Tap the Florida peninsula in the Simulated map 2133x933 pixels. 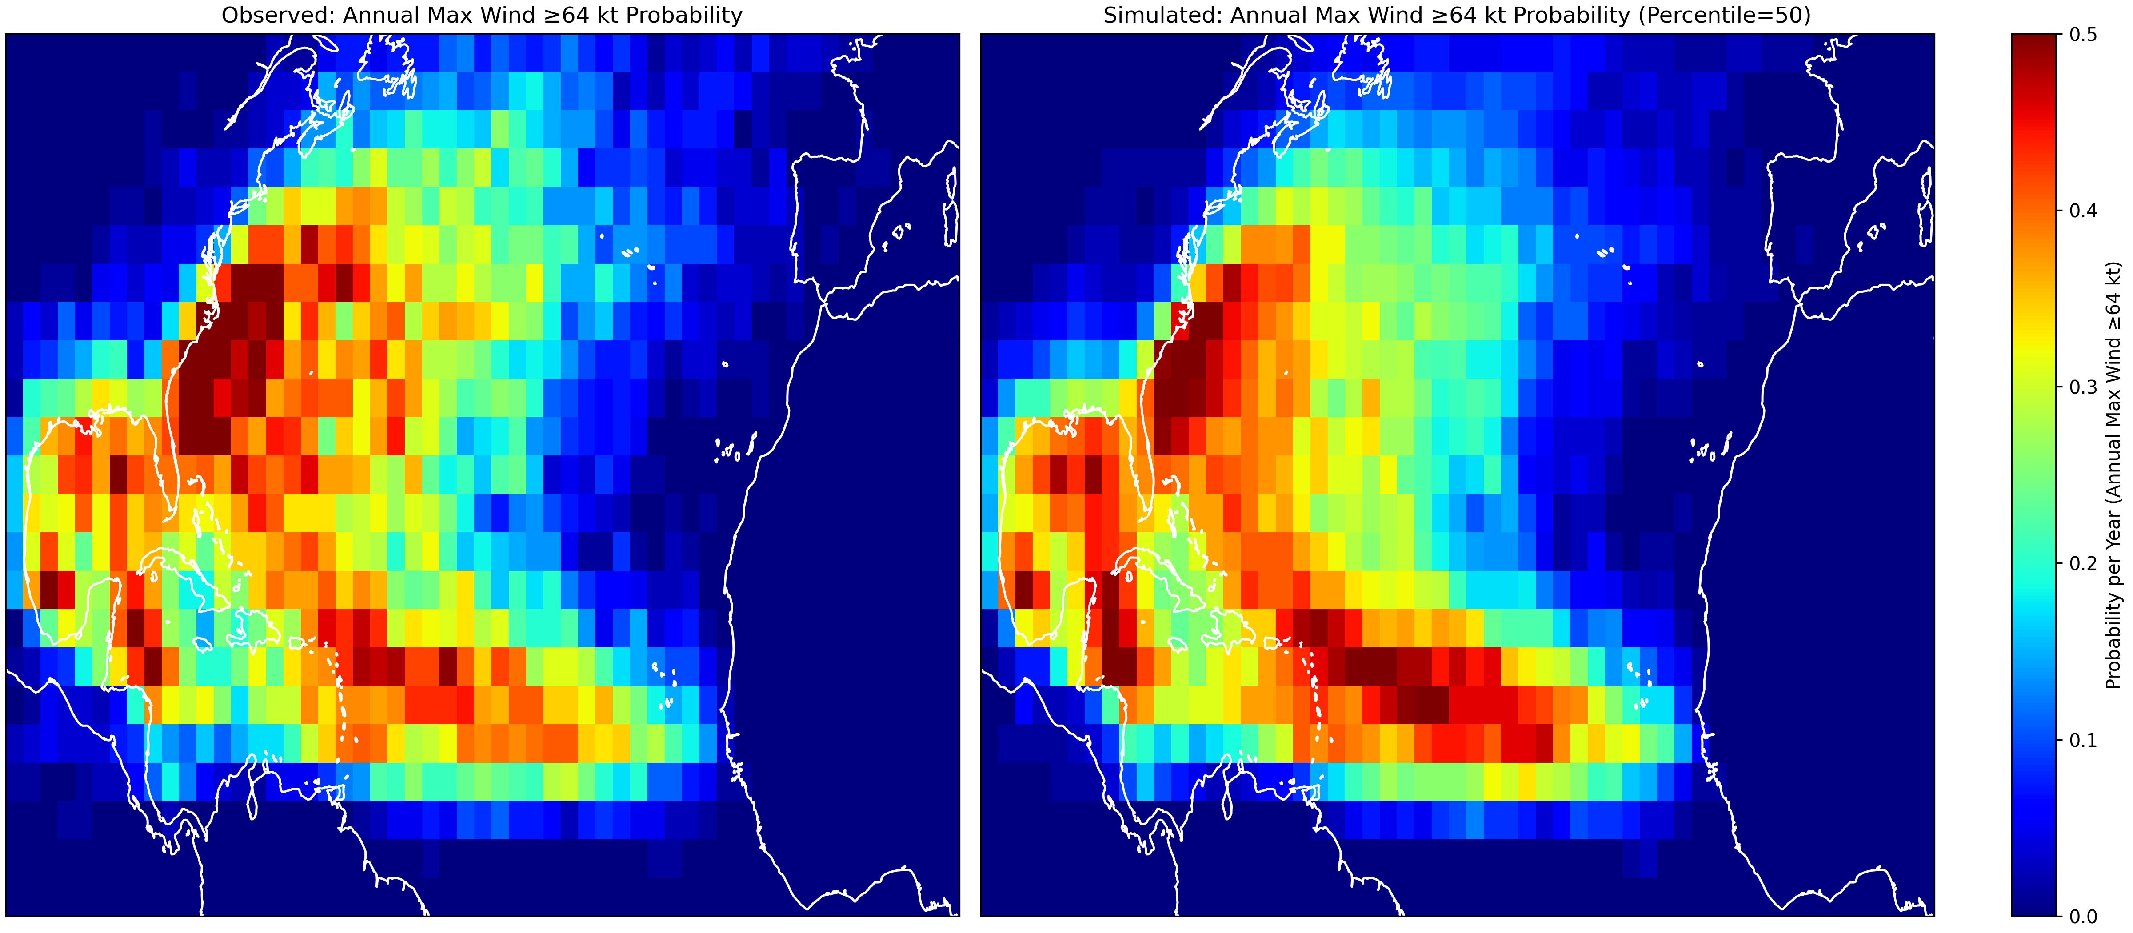(1138, 451)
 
